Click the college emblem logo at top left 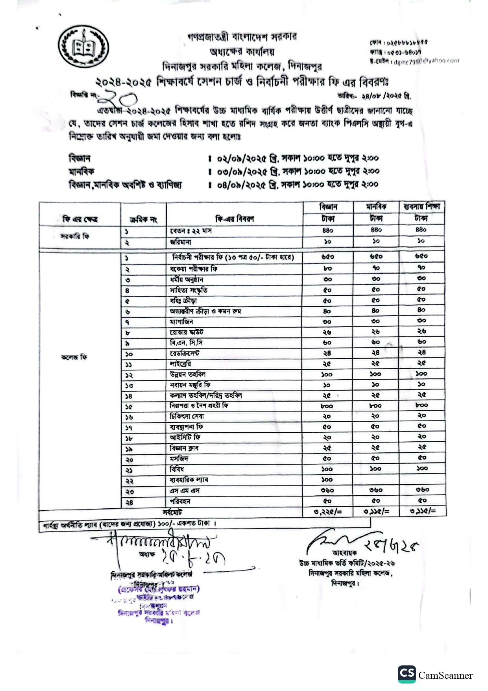click(83, 47)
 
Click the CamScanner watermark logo click(435, 674)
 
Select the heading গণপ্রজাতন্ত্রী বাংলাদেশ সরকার click(242, 37)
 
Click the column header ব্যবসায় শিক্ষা click(421, 207)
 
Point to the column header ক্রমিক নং click(143, 219)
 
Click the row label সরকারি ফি click(75, 236)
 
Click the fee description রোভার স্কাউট click(187, 332)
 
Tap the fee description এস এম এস click(185, 491)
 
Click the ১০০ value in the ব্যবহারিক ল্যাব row click(327, 480)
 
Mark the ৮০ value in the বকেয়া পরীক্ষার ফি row click(327, 269)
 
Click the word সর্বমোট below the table click(172, 512)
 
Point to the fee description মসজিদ click(179, 459)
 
